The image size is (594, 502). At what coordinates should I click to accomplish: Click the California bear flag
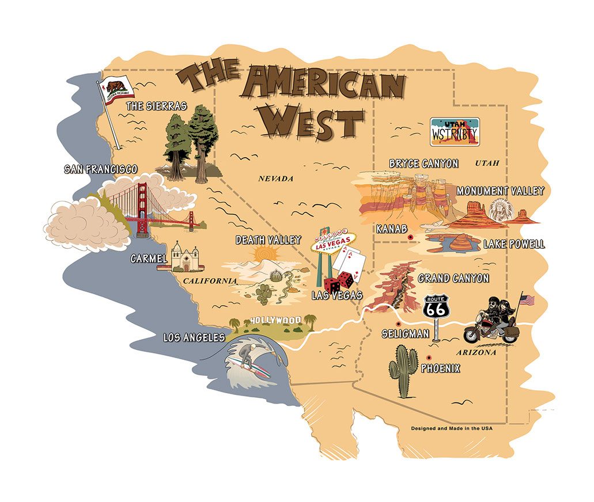[118, 88]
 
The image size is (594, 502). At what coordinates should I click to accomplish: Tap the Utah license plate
[455, 132]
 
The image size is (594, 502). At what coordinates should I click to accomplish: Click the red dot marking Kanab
[410, 237]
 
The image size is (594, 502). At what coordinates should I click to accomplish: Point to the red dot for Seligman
[398, 324]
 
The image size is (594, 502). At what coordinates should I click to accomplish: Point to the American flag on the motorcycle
[527, 300]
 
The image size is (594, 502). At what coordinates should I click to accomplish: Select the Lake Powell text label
[513, 244]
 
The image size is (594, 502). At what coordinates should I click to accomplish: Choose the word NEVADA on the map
[275, 178]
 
